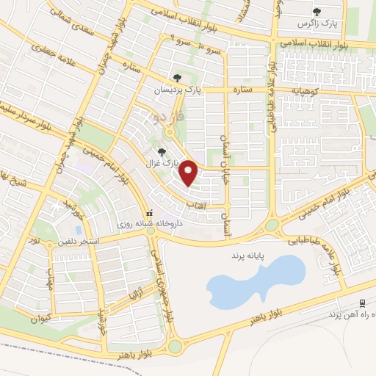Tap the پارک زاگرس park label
[317, 23]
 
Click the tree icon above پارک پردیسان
[176, 76]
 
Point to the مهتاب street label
[50, 279]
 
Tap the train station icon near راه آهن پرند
[361, 303]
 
